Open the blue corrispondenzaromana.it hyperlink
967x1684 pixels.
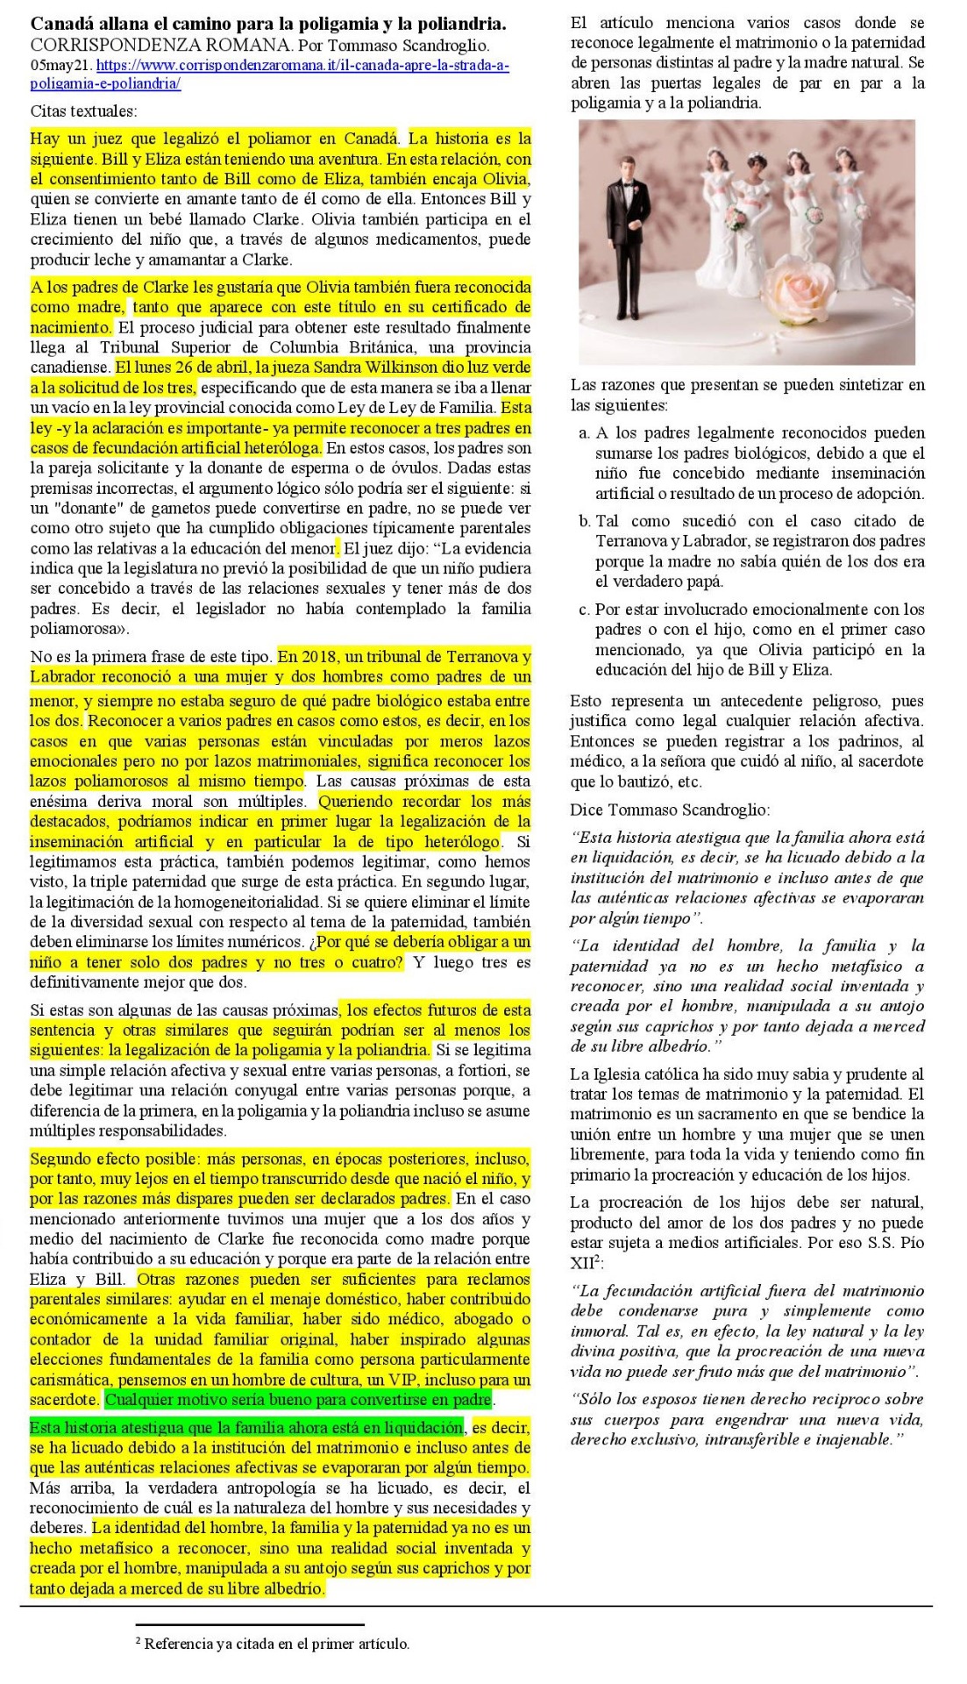click(x=302, y=66)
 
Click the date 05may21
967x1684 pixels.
click(x=60, y=66)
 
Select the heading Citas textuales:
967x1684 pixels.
click(x=84, y=111)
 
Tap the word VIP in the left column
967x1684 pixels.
click(x=413, y=1380)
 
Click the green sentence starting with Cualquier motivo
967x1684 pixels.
click(x=298, y=1400)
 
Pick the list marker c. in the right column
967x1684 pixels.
click(x=584, y=610)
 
